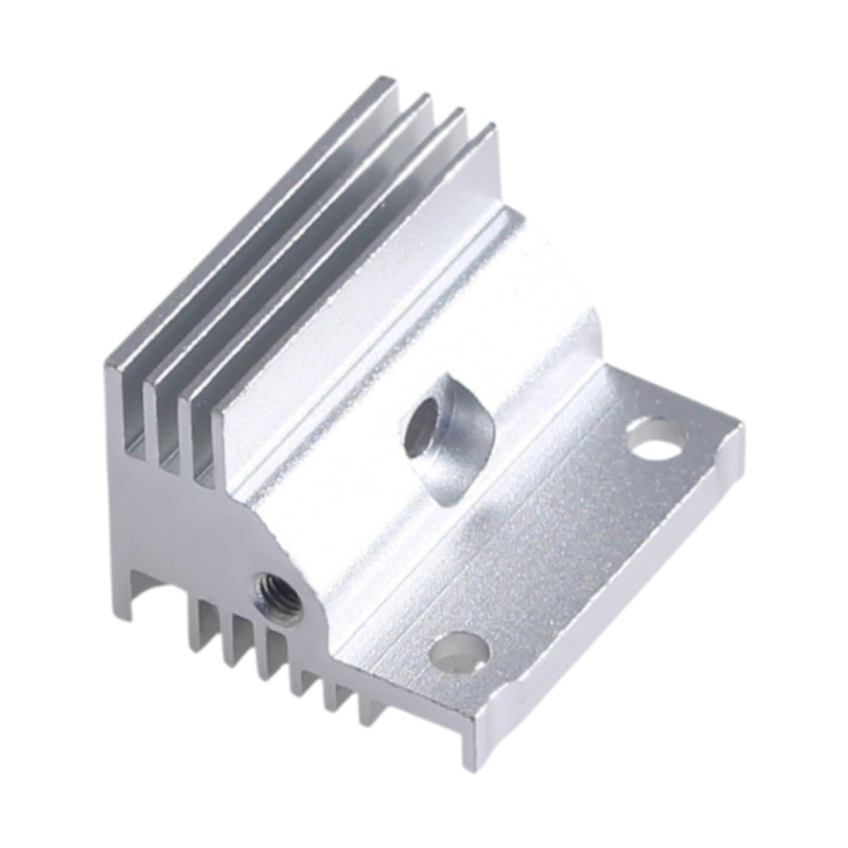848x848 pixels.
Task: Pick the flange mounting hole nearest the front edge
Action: click(x=460, y=655)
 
